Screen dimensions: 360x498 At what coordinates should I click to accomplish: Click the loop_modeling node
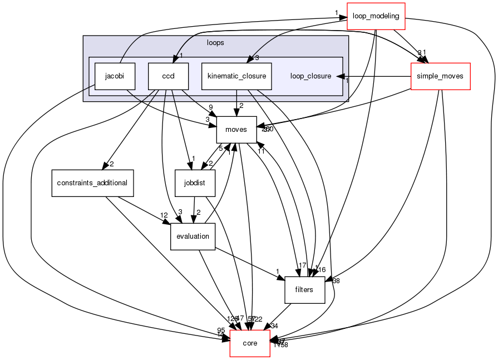376,16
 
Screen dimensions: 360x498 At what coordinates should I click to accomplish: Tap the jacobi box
115,76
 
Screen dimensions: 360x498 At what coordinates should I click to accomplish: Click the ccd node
168,76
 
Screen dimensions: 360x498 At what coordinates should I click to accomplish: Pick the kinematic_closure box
236,76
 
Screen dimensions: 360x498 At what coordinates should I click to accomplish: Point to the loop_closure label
310,76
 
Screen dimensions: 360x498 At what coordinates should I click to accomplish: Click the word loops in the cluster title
215,42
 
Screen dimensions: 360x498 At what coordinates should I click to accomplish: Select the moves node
236,129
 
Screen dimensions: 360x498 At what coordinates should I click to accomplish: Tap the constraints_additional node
92,183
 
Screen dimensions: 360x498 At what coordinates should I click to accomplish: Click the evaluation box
193,236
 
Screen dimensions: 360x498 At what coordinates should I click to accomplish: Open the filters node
304,289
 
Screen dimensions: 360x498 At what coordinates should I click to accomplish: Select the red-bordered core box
250,343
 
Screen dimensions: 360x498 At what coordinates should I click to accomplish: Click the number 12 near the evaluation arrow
164,215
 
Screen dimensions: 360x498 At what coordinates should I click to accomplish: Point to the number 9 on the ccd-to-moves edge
211,107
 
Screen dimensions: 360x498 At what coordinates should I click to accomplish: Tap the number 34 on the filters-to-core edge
274,326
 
